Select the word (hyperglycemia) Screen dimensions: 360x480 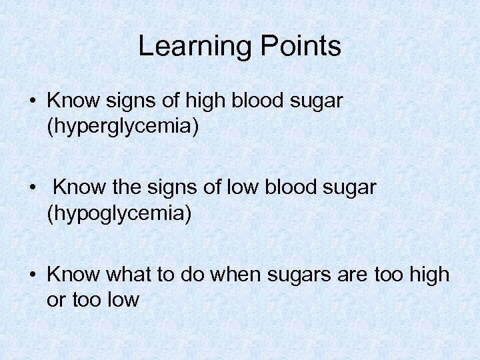pos(123,126)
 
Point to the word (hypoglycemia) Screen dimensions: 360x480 pos(119,213)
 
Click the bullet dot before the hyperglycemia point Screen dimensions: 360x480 pos(32,101)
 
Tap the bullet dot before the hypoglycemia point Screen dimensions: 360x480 pos(32,189)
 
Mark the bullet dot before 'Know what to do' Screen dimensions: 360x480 pos(32,275)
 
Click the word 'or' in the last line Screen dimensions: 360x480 pos(55,300)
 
